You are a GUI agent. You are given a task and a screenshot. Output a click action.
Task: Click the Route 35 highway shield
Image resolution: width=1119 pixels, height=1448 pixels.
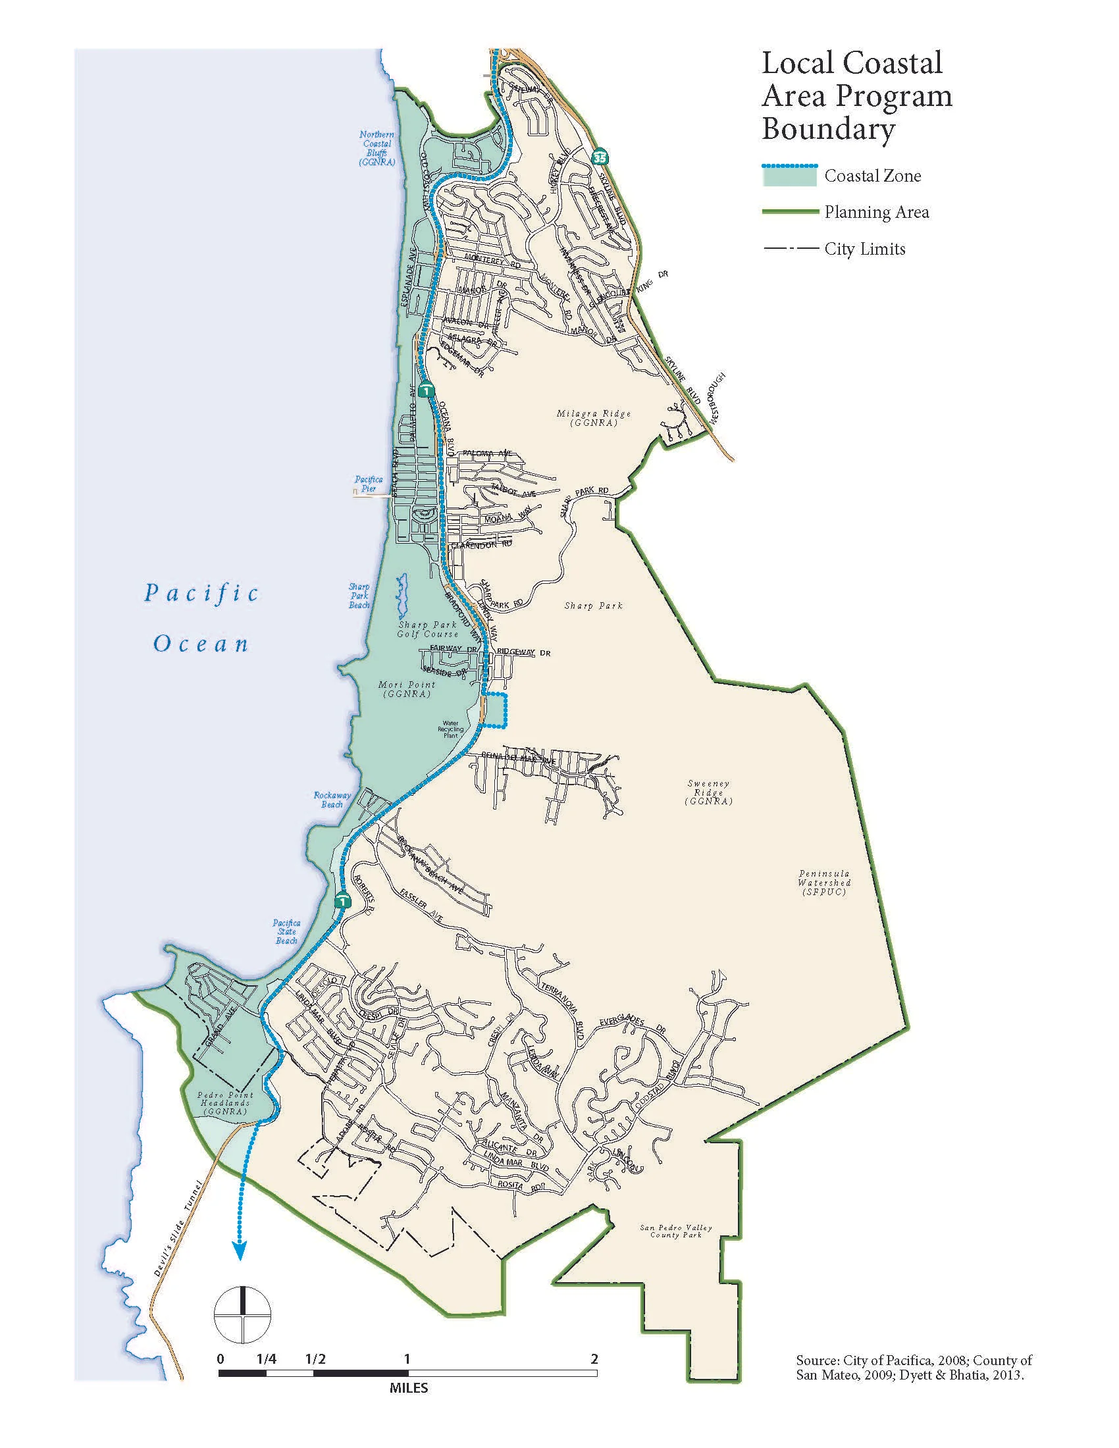pyautogui.click(x=599, y=157)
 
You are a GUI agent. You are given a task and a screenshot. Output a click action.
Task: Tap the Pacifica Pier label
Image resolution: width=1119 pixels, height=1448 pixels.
pyautogui.click(x=368, y=483)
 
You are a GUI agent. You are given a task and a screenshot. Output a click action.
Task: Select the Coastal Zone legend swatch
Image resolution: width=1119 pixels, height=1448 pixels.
pyautogui.click(x=789, y=176)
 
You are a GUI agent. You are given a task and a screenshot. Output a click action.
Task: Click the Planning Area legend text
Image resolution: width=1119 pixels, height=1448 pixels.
pyautogui.click(x=876, y=212)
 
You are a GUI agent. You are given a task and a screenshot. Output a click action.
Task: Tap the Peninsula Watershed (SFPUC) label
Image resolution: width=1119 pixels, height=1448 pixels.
pyautogui.click(x=824, y=883)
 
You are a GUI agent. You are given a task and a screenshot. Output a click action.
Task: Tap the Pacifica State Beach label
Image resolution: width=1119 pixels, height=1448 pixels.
pyautogui.click(x=286, y=931)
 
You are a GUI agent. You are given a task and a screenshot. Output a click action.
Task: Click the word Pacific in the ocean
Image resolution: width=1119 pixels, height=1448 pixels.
pyautogui.click(x=201, y=592)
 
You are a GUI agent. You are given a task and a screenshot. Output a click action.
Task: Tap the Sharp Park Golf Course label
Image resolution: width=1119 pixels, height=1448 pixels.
pyautogui.click(x=428, y=629)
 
